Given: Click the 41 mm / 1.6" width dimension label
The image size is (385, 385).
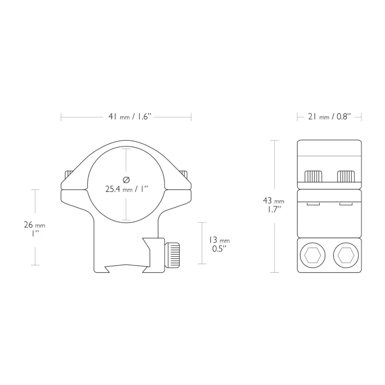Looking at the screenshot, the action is (x=129, y=117).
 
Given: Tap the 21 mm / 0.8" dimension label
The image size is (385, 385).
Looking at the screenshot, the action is (x=329, y=117).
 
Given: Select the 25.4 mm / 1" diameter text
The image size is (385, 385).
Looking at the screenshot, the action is (x=127, y=189).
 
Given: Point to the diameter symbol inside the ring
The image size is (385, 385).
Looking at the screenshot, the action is (x=126, y=180).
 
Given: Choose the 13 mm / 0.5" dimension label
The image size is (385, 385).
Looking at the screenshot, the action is (x=219, y=244).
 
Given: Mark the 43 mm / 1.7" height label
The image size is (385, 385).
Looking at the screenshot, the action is (x=274, y=205).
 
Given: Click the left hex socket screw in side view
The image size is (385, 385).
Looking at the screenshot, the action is (x=313, y=255).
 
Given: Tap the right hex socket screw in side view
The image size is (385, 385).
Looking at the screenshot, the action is (x=346, y=255).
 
